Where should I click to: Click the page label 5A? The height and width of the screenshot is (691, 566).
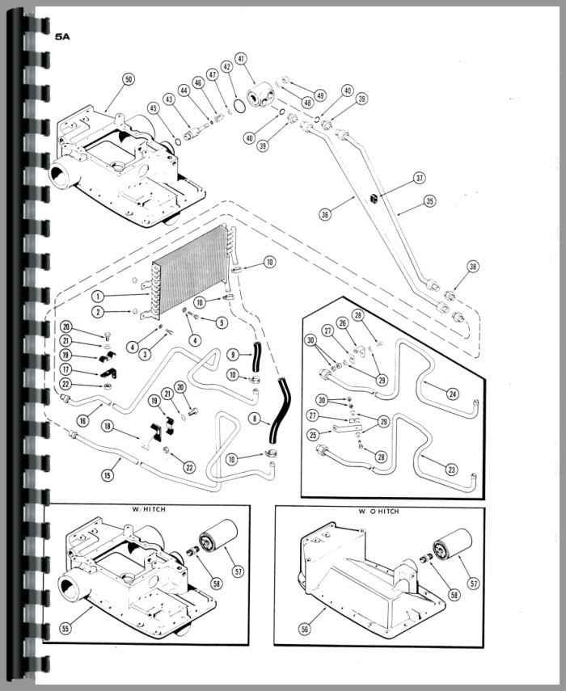(x=62, y=36)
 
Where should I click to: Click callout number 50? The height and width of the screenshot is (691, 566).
(x=128, y=80)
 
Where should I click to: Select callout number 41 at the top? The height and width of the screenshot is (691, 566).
(x=241, y=59)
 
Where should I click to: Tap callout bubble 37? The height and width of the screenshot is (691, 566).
(x=419, y=178)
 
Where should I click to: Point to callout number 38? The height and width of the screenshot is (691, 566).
(x=473, y=267)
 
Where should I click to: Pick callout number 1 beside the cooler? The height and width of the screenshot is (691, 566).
(x=98, y=296)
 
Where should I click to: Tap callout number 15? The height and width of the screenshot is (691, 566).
(x=107, y=475)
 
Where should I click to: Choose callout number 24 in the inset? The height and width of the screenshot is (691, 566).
(x=452, y=394)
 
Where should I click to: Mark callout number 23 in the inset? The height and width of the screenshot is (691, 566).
(x=451, y=470)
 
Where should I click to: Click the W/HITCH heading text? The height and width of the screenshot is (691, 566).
(x=149, y=509)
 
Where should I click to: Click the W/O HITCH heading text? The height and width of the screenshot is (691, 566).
(x=378, y=512)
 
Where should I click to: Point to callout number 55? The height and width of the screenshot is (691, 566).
(x=65, y=629)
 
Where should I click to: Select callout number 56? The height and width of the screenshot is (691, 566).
(x=305, y=629)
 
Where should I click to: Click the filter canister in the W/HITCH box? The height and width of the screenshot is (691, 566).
(x=218, y=536)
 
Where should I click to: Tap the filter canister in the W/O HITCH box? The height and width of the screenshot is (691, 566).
(x=452, y=545)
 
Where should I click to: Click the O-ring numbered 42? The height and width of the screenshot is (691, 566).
(x=240, y=106)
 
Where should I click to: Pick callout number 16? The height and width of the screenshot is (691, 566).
(x=82, y=421)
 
